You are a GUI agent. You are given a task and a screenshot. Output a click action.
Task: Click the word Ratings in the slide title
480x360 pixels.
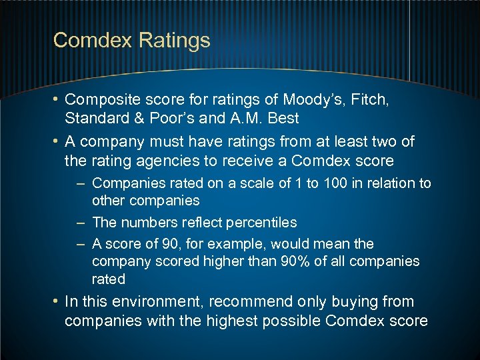tap(175, 41)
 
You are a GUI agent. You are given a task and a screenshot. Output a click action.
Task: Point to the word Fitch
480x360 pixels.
tap(369, 101)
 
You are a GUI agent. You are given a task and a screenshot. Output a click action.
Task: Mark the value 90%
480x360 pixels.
tap(293, 261)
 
